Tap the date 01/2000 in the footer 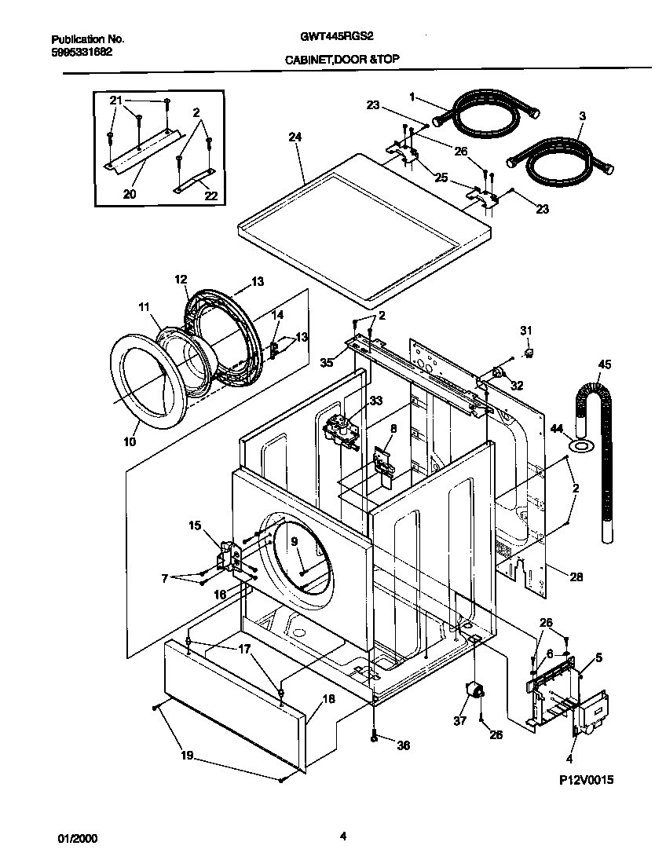pyautogui.click(x=78, y=837)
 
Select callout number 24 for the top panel pyautogui.click(x=295, y=136)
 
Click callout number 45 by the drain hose pyautogui.click(x=604, y=364)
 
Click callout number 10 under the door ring pyautogui.click(x=130, y=441)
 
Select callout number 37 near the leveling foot pyautogui.click(x=460, y=719)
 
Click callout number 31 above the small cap pyautogui.click(x=527, y=329)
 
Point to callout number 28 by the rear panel pyautogui.click(x=576, y=577)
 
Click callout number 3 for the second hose pyautogui.click(x=582, y=115)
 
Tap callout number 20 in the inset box pyautogui.click(x=130, y=193)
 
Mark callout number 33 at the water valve pyautogui.click(x=375, y=400)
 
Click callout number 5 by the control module pyautogui.click(x=599, y=657)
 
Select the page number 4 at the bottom pyautogui.click(x=343, y=837)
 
